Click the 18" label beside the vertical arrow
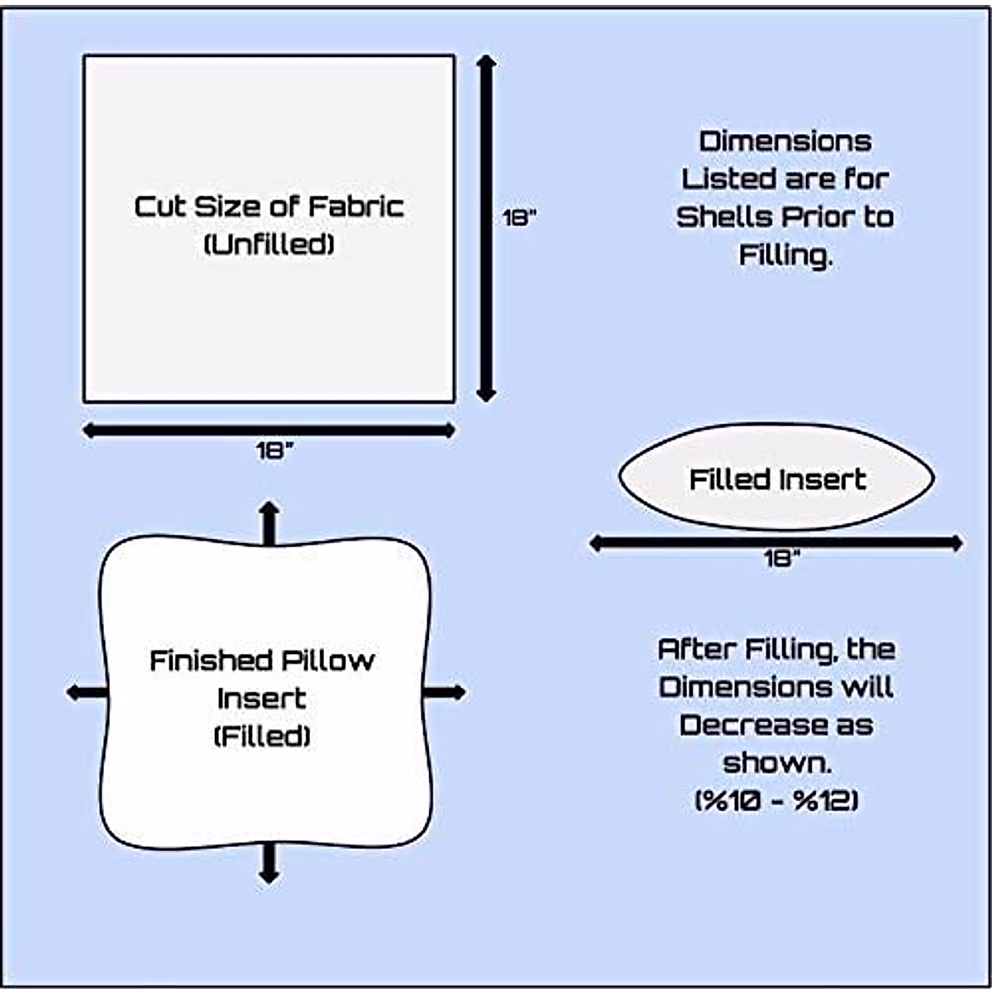[519, 218]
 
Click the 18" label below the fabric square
[274, 451]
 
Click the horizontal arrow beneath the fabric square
[269, 430]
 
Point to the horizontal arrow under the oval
[775, 543]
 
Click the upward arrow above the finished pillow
[269, 522]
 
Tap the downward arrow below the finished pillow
[269, 863]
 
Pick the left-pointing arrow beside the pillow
[86, 692]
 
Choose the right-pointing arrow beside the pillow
[445, 692]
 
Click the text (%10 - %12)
[776, 800]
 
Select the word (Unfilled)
[269, 244]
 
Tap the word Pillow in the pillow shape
[328, 661]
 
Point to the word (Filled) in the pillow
[262, 736]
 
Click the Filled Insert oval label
[777, 479]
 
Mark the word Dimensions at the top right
[785, 141]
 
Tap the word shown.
[776, 762]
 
